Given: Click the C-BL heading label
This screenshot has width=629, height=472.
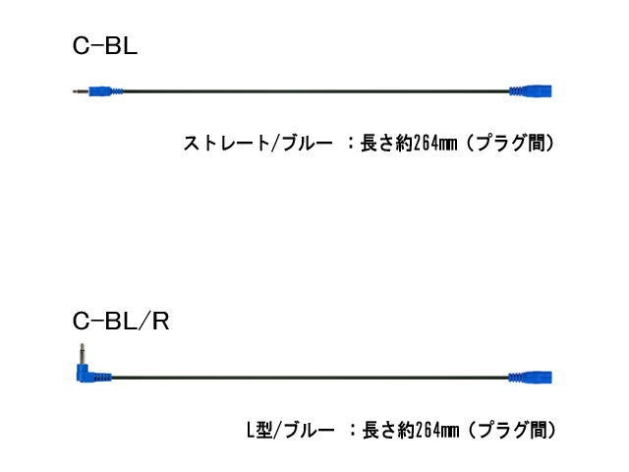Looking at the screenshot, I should [105, 45].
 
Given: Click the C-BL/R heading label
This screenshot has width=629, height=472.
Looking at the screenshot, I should [121, 322].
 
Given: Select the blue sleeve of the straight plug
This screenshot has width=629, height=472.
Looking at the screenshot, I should [106, 91].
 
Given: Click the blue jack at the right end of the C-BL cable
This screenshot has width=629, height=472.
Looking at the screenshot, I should [531, 91].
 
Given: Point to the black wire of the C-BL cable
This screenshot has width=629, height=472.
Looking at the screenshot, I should [314, 91].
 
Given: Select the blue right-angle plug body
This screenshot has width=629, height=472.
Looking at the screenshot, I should [92, 374].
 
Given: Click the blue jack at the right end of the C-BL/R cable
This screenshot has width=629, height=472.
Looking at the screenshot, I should [531, 376].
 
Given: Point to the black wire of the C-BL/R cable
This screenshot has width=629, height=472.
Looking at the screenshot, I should [314, 376].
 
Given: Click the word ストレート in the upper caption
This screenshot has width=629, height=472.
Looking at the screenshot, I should [219, 144].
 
